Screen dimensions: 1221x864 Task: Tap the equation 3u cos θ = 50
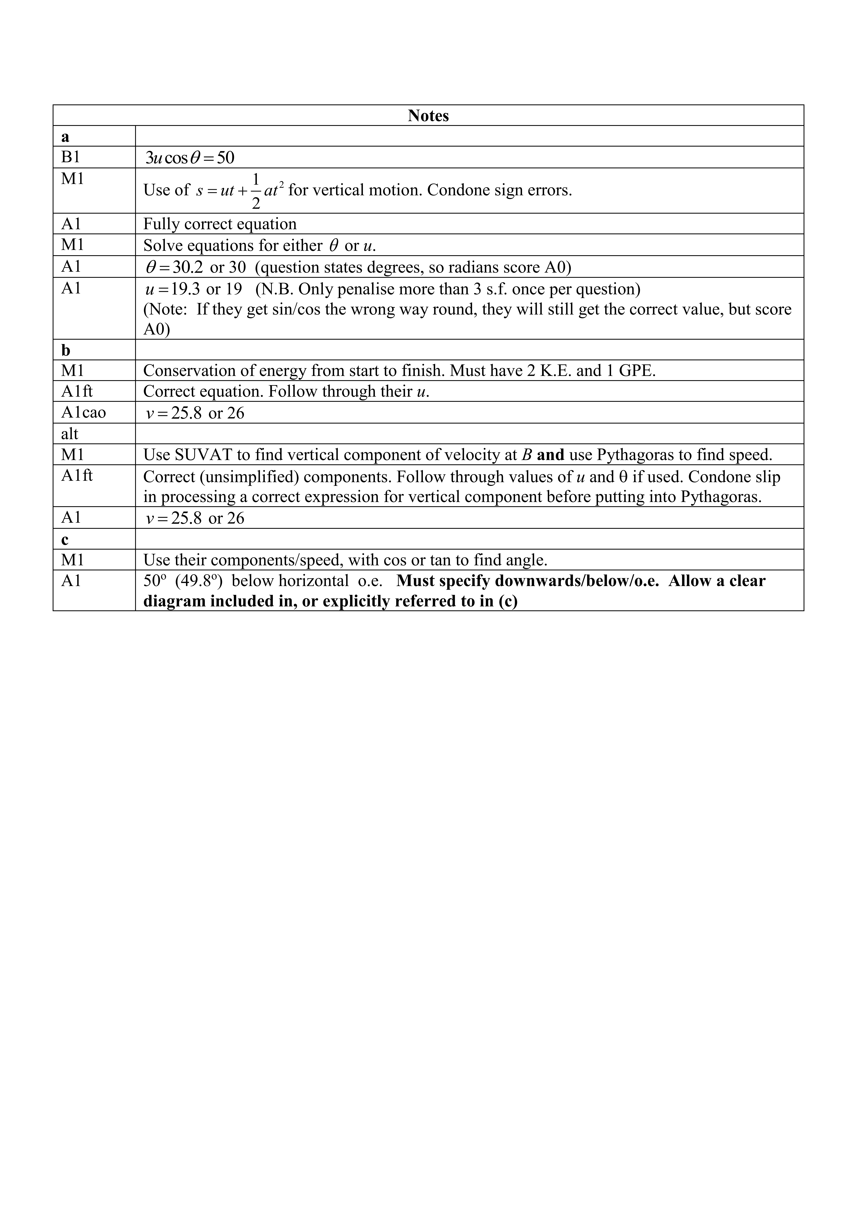[190, 158]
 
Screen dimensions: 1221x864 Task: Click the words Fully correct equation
[220, 224]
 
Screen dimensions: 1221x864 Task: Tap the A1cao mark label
[84, 413]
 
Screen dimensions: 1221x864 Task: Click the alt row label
[70, 434]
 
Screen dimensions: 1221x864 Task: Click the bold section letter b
[65, 350]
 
